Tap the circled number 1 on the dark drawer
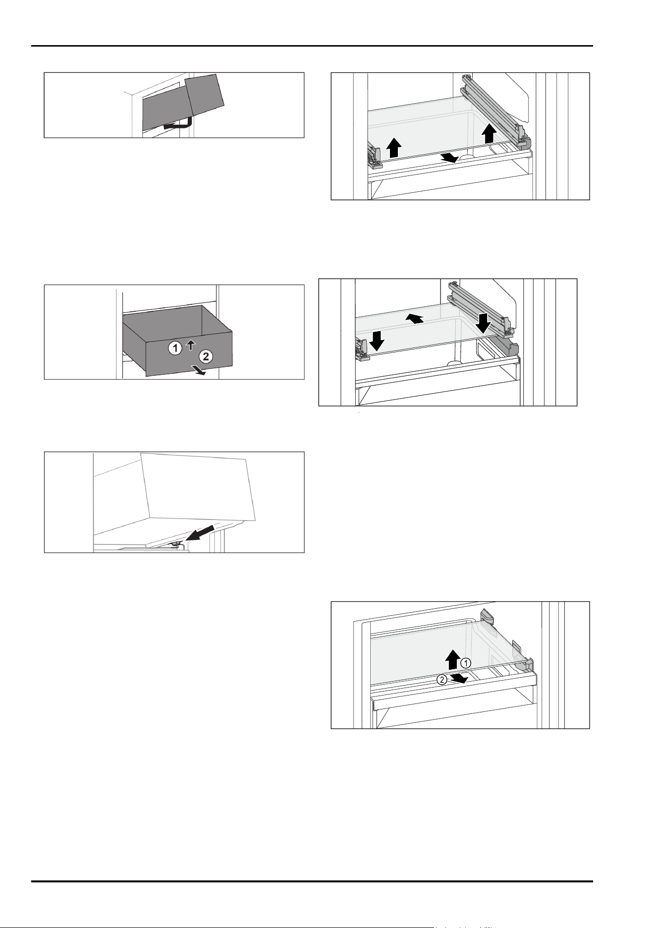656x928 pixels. click(x=174, y=348)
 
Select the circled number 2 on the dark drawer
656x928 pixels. click(x=207, y=355)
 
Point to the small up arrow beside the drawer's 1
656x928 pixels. click(x=191, y=345)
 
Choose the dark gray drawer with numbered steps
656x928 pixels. click(x=177, y=340)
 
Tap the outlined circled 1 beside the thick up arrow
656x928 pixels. click(x=466, y=663)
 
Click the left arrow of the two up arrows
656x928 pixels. click(x=393, y=148)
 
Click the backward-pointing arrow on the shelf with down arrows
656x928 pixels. click(x=415, y=317)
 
